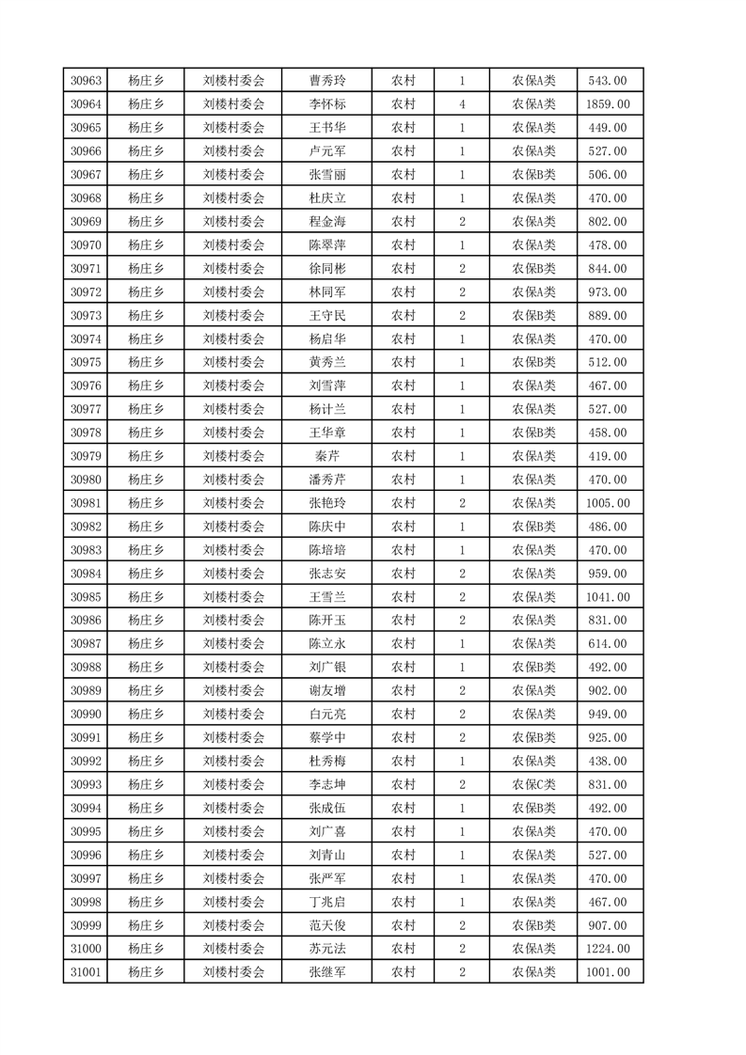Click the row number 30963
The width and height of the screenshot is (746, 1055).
pos(86,81)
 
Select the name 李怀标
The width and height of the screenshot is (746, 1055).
pos(326,104)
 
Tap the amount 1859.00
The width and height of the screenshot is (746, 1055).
pos(608,104)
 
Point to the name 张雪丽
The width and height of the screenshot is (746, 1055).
pos(326,174)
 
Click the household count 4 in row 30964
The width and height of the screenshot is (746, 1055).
pos(462,104)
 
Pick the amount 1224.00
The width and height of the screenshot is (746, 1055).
pos(608,949)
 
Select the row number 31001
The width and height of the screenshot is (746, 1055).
pos(86,972)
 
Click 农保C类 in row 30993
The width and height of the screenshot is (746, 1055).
pos(533,784)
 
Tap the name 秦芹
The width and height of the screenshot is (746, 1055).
pos(326,456)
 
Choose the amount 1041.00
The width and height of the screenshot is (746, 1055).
pos(608,597)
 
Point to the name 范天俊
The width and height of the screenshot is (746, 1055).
pos(326,925)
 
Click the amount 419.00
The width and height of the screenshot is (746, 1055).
pos(608,456)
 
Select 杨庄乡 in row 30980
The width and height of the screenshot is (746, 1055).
pos(146,480)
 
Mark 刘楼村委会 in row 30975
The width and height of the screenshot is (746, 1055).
pos(234,362)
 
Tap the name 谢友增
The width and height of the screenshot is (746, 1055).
pos(326,690)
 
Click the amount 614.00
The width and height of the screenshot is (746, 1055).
pos(608,644)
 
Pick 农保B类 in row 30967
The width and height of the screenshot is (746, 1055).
pos(533,174)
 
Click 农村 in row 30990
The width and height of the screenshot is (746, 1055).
pos(403,714)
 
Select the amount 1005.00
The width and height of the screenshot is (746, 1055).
pos(608,503)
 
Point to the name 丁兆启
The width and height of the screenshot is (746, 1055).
pos(326,902)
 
